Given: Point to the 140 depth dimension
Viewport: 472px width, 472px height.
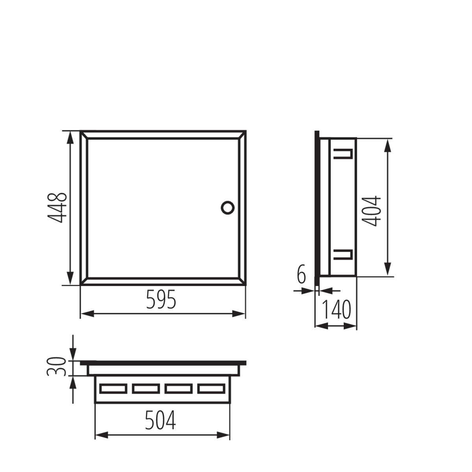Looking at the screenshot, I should [336, 310].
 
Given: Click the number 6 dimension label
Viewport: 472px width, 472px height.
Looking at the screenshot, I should [301, 274].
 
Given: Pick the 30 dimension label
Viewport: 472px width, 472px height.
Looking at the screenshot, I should [56, 367].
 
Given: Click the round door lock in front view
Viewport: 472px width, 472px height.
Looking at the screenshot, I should [227, 207].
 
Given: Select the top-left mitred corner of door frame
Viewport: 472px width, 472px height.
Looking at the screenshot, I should [83, 135].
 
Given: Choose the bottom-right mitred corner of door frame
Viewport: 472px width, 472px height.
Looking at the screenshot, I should [243, 281].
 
